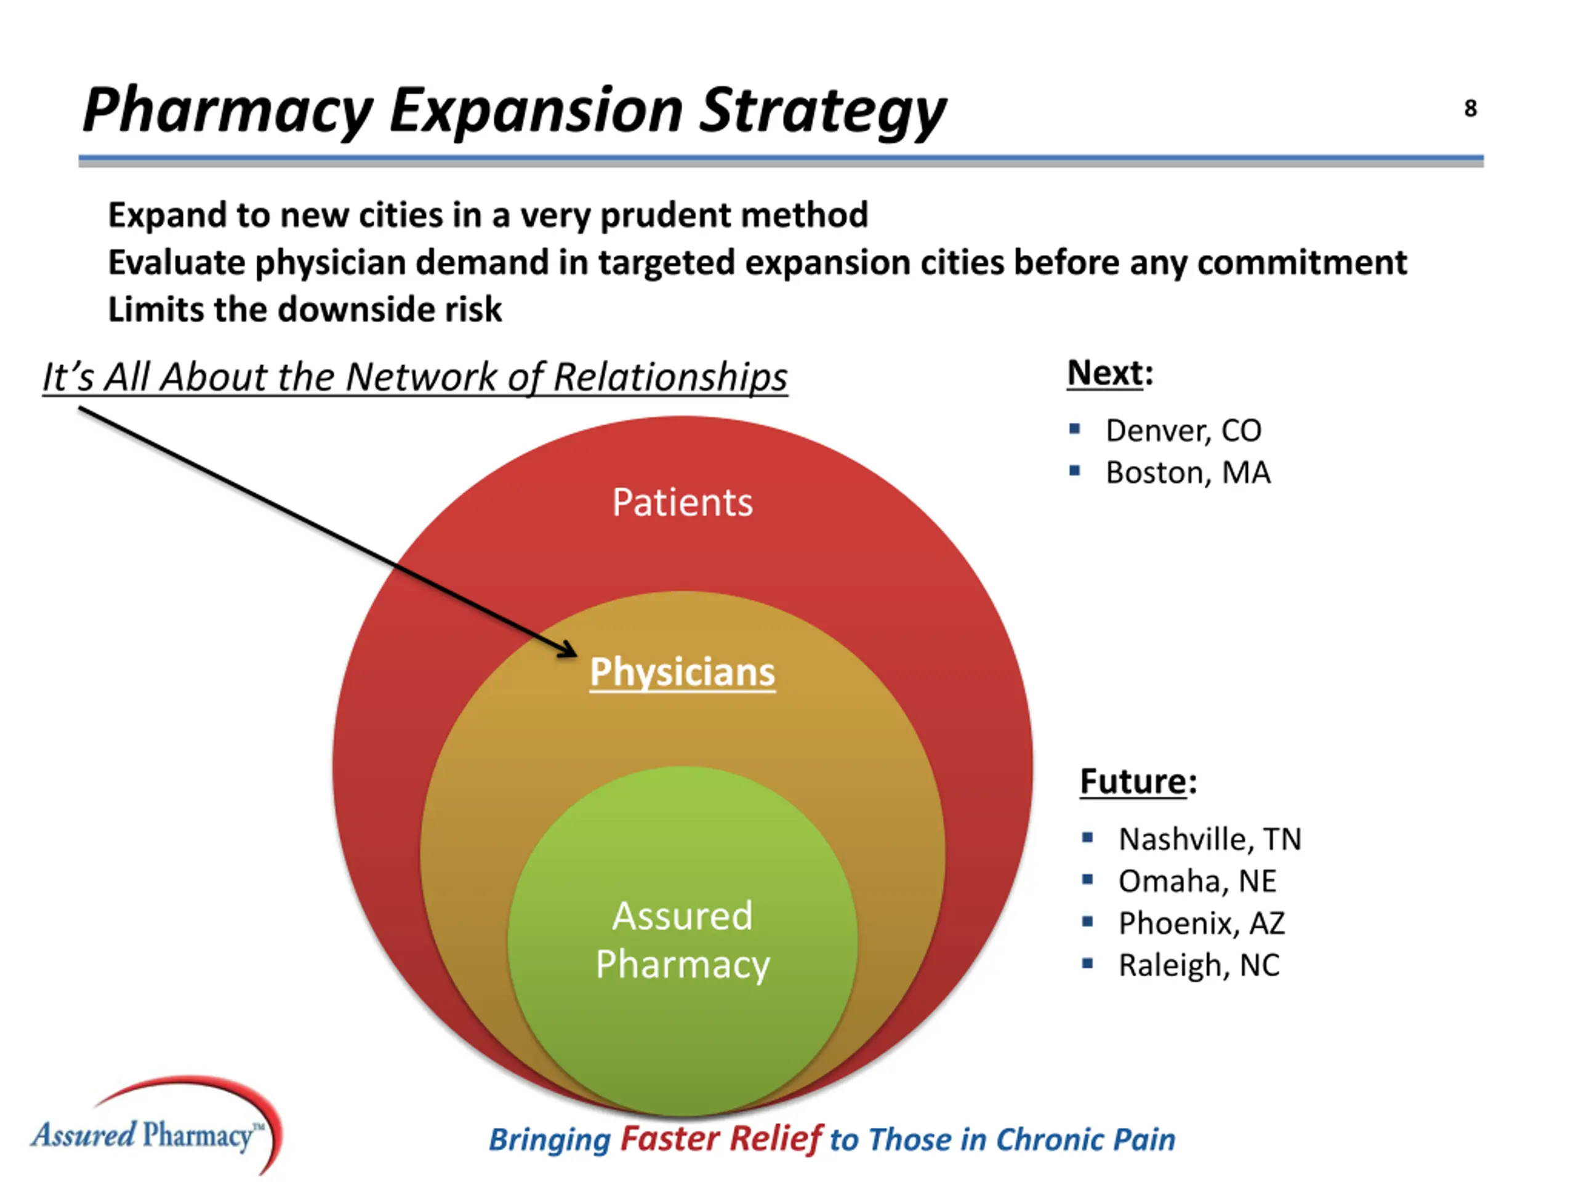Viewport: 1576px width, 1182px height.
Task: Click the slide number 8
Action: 1470,108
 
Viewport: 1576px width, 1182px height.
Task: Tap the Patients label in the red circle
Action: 682,502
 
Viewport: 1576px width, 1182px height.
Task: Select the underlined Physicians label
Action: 682,672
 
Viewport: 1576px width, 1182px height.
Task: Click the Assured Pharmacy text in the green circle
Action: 682,940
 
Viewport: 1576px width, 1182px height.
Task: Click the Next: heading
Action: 1109,372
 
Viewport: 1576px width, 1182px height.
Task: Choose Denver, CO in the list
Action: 1183,430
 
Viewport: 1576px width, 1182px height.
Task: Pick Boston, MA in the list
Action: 1188,472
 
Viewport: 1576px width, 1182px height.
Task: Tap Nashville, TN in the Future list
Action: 1210,838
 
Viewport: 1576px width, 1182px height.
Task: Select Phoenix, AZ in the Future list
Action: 1201,923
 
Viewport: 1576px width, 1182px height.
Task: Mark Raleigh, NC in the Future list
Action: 1199,965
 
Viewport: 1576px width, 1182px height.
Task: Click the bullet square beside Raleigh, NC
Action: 1087,963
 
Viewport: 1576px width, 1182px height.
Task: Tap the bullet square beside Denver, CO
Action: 1074,429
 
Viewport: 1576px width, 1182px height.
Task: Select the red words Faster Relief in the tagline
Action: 721,1138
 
